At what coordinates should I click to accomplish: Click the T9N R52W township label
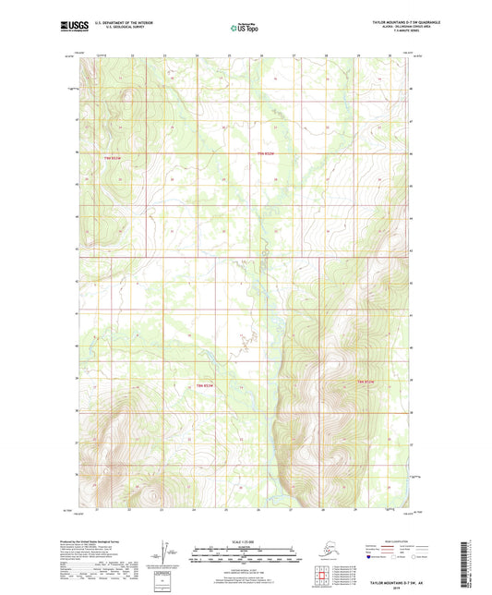(267, 154)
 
